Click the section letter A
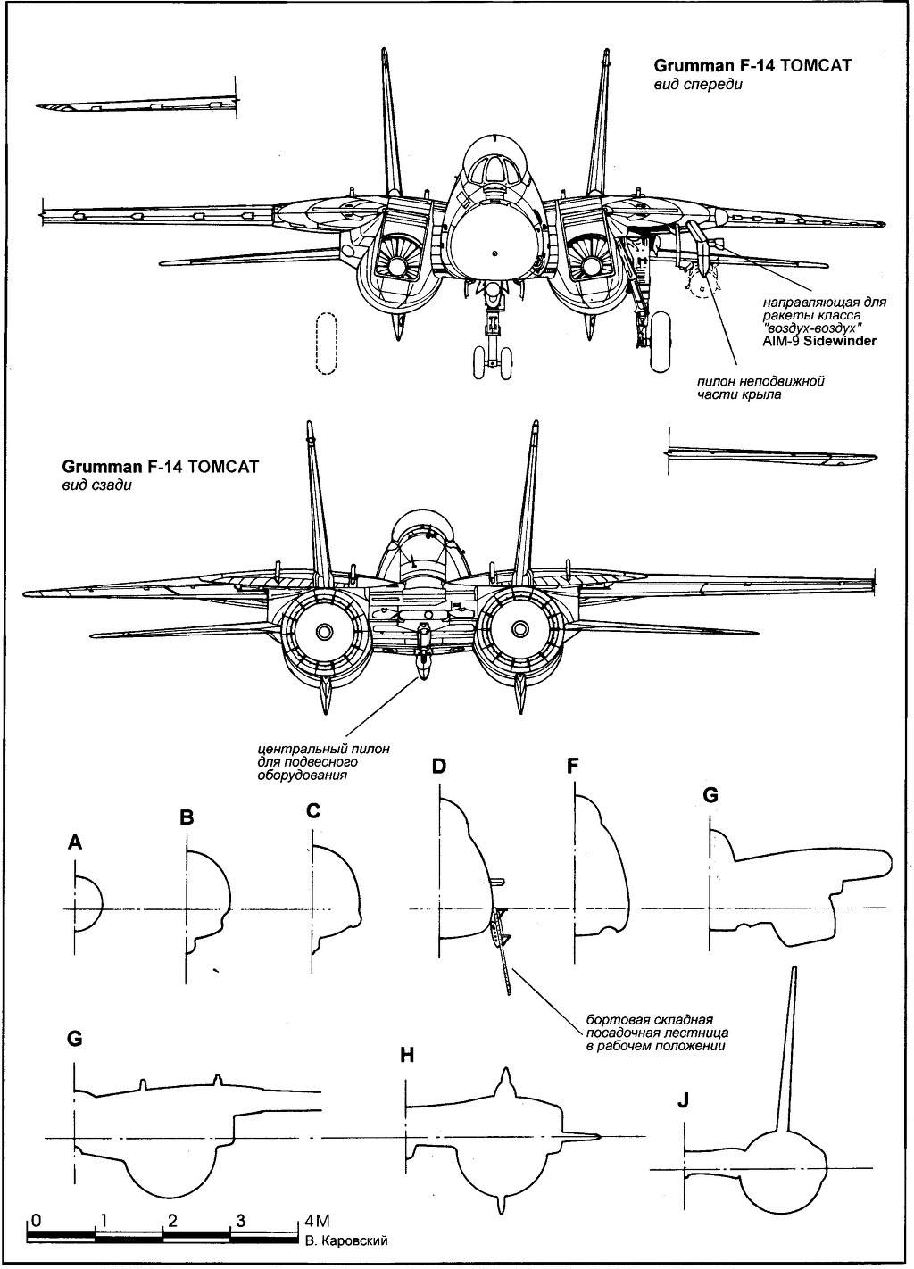click(75, 842)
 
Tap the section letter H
click(407, 1055)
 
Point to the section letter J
click(683, 1100)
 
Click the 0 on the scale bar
click(34, 1219)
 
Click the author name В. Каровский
click(346, 1241)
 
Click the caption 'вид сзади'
click(89, 485)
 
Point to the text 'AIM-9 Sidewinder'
click(818, 341)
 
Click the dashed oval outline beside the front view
click(328, 343)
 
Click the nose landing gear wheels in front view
click(494, 361)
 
